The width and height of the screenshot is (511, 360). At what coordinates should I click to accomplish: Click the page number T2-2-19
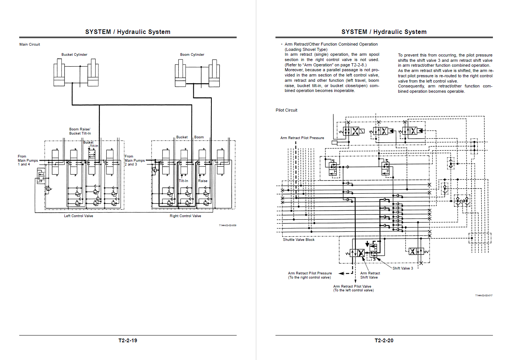coord(128,340)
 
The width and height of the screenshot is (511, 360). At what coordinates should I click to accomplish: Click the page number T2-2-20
coord(384,340)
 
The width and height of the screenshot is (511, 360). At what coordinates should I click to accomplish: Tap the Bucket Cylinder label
coord(74,55)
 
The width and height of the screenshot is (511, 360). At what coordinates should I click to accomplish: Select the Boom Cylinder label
coord(192,55)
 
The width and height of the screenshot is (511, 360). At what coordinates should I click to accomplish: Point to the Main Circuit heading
coord(30,44)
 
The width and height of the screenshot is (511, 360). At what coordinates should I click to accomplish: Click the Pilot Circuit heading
coord(286,110)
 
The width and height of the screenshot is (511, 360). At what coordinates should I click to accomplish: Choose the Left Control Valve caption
coord(78,216)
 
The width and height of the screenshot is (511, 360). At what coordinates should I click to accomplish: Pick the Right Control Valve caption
coord(185,216)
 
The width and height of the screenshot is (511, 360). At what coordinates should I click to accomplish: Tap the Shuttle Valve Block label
coord(298,240)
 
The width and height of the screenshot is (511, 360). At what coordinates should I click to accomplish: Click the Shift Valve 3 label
coord(403,268)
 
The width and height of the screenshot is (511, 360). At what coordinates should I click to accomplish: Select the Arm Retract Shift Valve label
coord(370,275)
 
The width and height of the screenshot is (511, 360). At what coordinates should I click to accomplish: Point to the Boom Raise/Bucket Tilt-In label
coord(80,131)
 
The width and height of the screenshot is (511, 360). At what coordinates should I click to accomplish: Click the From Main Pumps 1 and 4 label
coord(28,160)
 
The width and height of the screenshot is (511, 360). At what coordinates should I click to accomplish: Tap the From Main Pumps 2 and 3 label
coord(135,160)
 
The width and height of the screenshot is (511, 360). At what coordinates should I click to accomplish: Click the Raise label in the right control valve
coord(203,181)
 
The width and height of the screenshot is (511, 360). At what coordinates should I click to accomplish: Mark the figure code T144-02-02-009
coord(228,225)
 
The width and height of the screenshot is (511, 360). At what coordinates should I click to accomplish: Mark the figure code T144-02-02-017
coord(483,296)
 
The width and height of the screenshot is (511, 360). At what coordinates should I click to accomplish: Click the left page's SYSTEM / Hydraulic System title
coord(128,32)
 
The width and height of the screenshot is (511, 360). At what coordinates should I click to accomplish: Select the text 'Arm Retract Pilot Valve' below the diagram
coord(352,286)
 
